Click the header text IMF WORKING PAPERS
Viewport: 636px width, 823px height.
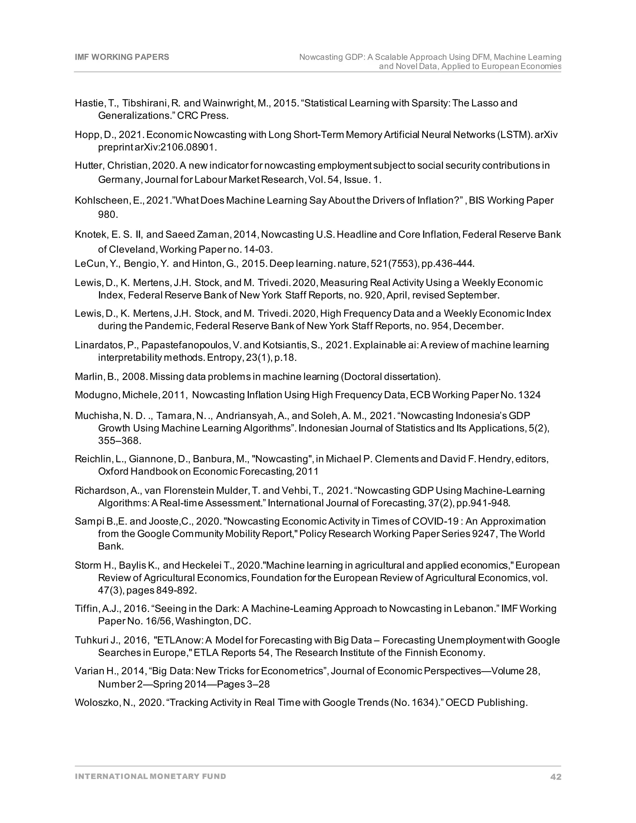tap(122, 57)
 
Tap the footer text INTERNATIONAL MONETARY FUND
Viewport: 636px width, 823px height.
tap(150, 776)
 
